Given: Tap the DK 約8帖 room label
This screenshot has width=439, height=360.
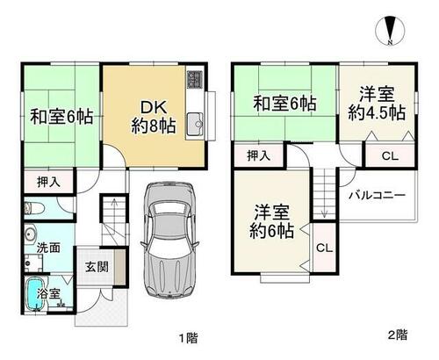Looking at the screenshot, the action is [154, 117].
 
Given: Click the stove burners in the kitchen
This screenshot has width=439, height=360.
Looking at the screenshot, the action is [194, 79].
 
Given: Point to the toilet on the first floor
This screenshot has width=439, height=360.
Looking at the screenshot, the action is [33, 209].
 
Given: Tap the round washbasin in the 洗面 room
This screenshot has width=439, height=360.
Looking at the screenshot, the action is [30, 234].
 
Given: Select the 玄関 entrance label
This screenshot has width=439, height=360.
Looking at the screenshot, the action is [97, 267].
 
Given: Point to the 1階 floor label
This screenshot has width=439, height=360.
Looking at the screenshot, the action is [188, 338].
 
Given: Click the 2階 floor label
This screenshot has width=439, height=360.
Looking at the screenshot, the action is [397, 335].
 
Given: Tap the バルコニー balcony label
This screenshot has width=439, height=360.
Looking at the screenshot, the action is [378, 195].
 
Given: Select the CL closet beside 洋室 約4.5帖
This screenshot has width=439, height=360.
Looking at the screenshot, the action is [390, 156].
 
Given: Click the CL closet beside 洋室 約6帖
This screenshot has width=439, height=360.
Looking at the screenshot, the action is [324, 248].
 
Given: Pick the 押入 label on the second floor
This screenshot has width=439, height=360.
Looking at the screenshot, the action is [258, 155].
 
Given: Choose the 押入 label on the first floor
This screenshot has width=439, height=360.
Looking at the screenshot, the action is [48, 182].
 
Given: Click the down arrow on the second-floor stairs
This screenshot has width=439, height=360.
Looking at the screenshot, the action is [324, 197].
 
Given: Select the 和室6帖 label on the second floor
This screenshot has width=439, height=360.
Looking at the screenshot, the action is [284, 104].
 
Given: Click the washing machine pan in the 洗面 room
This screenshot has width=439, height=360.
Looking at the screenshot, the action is [33, 263].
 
